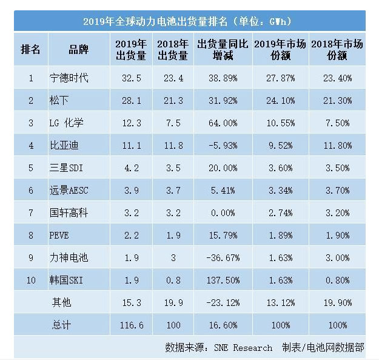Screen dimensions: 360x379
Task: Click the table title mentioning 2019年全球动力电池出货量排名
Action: coord(189,21)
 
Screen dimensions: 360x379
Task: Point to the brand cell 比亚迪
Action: coord(64,146)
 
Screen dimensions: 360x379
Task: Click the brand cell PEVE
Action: coord(61,235)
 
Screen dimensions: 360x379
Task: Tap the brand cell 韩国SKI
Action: coord(67,280)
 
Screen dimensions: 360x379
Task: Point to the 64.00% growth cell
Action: coord(217,123)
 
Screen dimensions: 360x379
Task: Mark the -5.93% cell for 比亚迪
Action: coord(217,146)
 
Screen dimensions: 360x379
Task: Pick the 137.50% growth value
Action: coord(217,280)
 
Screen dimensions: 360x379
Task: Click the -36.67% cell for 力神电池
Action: coord(217,257)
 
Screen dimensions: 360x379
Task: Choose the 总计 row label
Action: coord(61,325)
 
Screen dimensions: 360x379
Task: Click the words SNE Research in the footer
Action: coord(243,348)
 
